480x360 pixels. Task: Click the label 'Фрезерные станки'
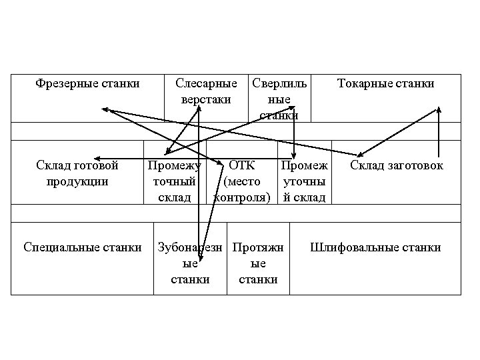(87, 83)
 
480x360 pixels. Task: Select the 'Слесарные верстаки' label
(205, 91)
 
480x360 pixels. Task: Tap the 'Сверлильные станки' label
(279, 99)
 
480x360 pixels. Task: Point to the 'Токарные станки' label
(385, 83)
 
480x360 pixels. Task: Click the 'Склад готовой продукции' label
(78, 173)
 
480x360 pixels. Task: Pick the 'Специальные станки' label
(82, 247)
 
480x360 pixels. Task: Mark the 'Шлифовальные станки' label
(375, 247)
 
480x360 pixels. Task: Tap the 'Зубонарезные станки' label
(191, 263)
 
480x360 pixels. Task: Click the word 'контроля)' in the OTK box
(241, 197)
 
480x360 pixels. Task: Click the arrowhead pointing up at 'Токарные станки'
(439, 110)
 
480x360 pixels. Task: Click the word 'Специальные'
(61, 247)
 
